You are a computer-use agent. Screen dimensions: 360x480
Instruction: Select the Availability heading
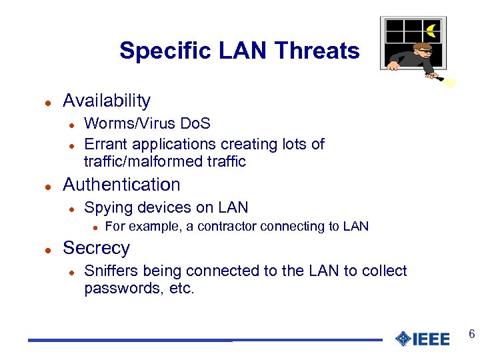(107, 101)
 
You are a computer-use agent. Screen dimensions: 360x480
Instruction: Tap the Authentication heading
(121, 185)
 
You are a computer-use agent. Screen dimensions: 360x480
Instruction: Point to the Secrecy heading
(96, 248)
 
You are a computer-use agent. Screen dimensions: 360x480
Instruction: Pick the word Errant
(106, 144)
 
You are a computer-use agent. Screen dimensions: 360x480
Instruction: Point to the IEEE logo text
(431, 339)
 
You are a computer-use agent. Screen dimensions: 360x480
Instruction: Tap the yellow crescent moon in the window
(432, 30)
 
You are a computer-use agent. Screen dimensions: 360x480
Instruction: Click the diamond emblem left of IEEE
(403, 339)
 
